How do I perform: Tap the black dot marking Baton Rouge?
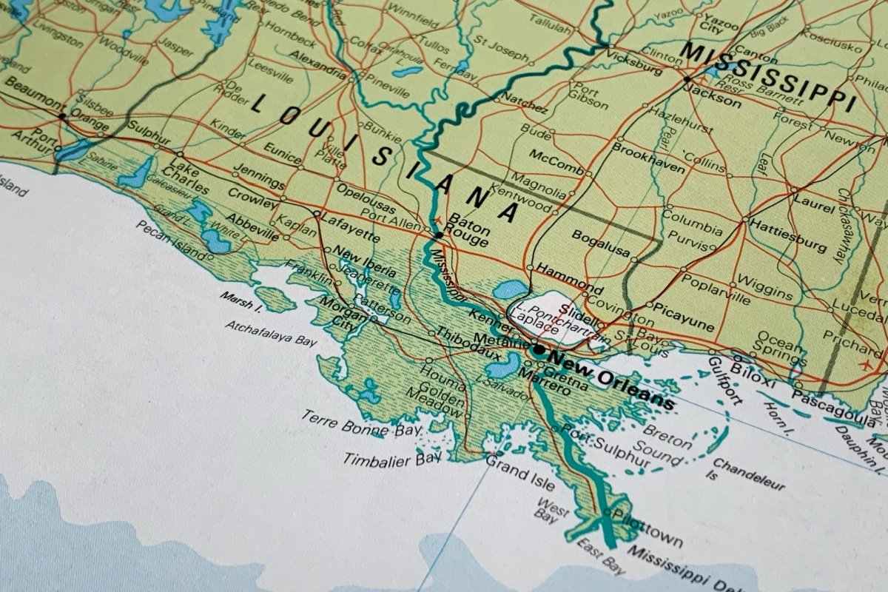coord(439,235)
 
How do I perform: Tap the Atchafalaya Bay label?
coord(271,334)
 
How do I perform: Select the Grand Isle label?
coord(519,474)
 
